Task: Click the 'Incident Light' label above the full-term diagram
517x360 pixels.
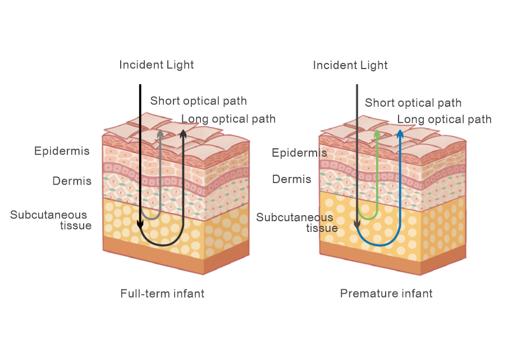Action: pyautogui.click(x=156, y=65)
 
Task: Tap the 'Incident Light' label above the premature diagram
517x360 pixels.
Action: pyautogui.click(x=350, y=65)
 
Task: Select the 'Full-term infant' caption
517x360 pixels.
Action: pyautogui.click(x=162, y=293)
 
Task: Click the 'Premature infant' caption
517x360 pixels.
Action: pyautogui.click(x=386, y=293)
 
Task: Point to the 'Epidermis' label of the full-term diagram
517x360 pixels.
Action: pyautogui.click(x=62, y=151)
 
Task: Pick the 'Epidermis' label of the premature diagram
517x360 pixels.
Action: pyautogui.click(x=299, y=153)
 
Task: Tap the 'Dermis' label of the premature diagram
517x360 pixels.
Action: pyautogui.click(x=291, y=179)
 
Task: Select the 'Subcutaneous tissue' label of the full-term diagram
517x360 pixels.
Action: pyautogui.click(x=51, y=220)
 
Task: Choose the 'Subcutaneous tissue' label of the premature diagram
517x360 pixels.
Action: pyautogui.click(x=296, y=222)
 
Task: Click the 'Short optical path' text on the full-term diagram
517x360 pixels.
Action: pyautogui.click(x=198, y=101)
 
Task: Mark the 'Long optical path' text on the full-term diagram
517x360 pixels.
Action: pyautogui.click(x=228, y=119)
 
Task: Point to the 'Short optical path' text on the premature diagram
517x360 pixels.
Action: pyautogui.click(x=413, y=103)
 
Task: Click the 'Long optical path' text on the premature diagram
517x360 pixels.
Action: pyautogui.click(x=444, y=119)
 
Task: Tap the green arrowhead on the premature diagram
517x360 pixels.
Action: pyautogui.click(x=377, y=134)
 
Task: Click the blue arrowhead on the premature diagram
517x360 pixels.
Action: pyautogui.click(x=400, y=134)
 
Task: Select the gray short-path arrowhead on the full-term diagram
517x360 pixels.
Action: pyautogui.click(x=161, y=134)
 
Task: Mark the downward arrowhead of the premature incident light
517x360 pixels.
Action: pyautogui.click(x=356, y=225)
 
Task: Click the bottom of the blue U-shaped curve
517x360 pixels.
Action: pyautogui.click(x=378, y=245)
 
